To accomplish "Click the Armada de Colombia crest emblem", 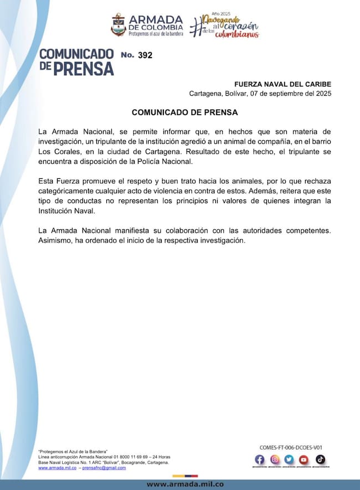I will pos(119,25).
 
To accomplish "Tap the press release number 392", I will pos(145,55).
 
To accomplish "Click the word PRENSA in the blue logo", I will pos(84,68).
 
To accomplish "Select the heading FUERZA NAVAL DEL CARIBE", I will pos(283,84).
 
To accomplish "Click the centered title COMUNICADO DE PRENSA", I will pos(184,112).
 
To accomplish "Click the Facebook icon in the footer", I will pos(260,460).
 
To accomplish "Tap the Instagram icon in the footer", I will pos(275,460).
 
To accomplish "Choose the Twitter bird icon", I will pos(289,460).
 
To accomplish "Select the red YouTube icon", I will pos(304,460).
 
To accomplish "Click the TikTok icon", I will pos(320,460).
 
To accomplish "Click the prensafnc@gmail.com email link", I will pos(104,468).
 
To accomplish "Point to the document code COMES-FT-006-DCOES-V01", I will pos(291,447).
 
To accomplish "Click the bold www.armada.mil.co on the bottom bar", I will pos(185,484).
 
